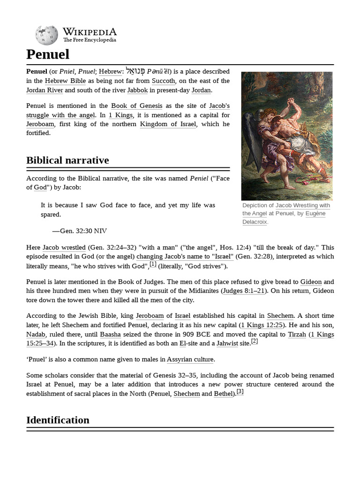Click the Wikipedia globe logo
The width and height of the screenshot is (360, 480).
(47, 35)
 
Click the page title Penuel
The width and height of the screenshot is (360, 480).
(48, 54)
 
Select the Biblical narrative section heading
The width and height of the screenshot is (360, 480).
(67, 160)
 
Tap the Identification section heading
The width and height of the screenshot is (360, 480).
(58, 420)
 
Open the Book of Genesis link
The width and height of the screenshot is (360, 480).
(135, 106)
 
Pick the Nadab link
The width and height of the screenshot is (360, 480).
(36, 335)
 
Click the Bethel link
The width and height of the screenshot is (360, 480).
(223, 394)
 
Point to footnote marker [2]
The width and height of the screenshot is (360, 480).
(255, 341)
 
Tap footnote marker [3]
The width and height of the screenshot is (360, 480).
(240, 391)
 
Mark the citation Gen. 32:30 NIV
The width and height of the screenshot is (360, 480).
(80, 231)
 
